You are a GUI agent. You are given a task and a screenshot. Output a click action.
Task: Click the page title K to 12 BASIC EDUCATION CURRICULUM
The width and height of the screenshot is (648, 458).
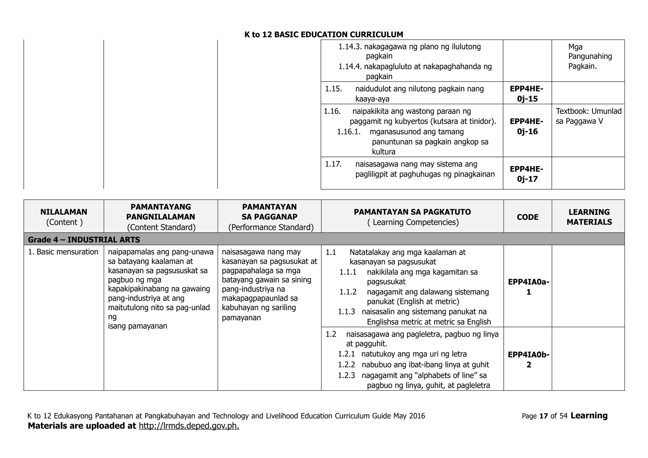tap(324, 34)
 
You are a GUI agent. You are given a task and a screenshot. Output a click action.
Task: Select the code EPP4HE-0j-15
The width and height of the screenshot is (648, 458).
tap(527, 94)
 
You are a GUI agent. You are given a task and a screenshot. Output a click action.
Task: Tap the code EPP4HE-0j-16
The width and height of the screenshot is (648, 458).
tap(527, 126)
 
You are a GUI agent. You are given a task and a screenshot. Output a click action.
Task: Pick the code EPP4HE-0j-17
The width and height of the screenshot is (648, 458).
tap(527, 174)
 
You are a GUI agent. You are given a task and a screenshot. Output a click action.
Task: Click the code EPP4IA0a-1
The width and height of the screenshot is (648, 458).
tap(528, 287)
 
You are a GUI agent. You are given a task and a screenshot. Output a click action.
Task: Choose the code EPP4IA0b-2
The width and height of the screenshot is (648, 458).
tap(528, 360)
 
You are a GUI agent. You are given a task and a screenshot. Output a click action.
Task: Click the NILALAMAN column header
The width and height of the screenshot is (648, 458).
tap(64, 212)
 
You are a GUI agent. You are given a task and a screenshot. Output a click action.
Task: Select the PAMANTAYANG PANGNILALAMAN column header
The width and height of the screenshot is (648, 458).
tap(161, 212)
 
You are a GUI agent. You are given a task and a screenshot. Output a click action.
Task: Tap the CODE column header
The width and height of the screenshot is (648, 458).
tap(527, 217)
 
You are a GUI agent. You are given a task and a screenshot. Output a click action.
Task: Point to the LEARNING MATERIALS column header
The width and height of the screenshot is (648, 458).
tap(589, 217)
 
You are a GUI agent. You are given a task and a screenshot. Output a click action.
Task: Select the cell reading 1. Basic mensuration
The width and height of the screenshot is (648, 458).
tap(63, 252)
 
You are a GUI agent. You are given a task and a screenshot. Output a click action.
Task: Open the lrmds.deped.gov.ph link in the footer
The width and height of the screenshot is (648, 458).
tap(189, 426)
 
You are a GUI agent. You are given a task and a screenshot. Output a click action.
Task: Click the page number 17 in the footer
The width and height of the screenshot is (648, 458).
tap(544, 416)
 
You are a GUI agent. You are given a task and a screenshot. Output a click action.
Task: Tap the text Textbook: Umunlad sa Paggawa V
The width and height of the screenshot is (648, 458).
tap(588, 116)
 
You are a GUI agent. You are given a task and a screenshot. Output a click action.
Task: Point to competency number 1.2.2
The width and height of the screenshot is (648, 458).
tap(346, 365)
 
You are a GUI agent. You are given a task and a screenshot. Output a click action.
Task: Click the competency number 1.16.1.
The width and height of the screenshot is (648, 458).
tap(349, 132)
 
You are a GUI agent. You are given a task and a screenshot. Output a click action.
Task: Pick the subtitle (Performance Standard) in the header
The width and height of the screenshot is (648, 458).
tap(271, 227)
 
